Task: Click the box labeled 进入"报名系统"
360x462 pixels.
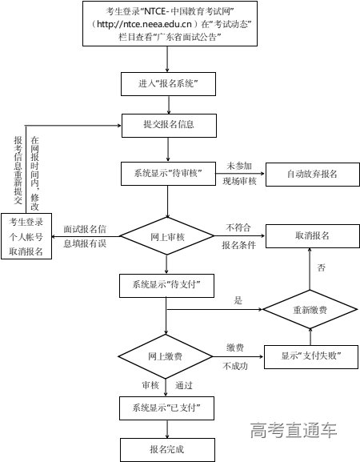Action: [x=169, y=83]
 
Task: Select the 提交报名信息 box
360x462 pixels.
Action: [x=169, y=124]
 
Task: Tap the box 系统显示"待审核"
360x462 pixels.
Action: [x=169, y=173]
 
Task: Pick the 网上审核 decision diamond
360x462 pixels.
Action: [x=169, y=238]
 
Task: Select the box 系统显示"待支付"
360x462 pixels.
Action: [x=169, y=285]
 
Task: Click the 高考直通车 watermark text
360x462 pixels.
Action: [x=293, y=431]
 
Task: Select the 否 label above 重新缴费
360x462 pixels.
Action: [x=321, y=266]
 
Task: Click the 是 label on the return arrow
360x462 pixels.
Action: [x=238, y=300]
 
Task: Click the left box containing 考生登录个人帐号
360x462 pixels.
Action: [x=26, y=236]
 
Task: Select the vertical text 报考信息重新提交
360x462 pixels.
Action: [x=18, y=169]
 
